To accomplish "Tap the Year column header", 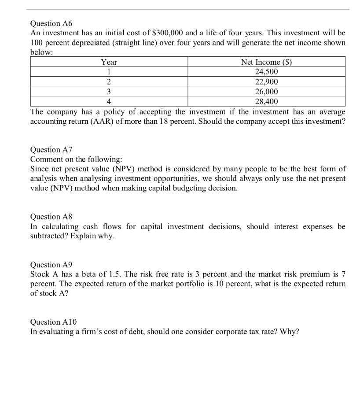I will tap(109, 62).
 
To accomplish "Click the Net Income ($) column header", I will tap(267, 62).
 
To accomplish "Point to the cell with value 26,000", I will tap(267, 92).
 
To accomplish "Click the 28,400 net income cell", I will tap(267, 101).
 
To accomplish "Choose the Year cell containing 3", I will tap(109, 92).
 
